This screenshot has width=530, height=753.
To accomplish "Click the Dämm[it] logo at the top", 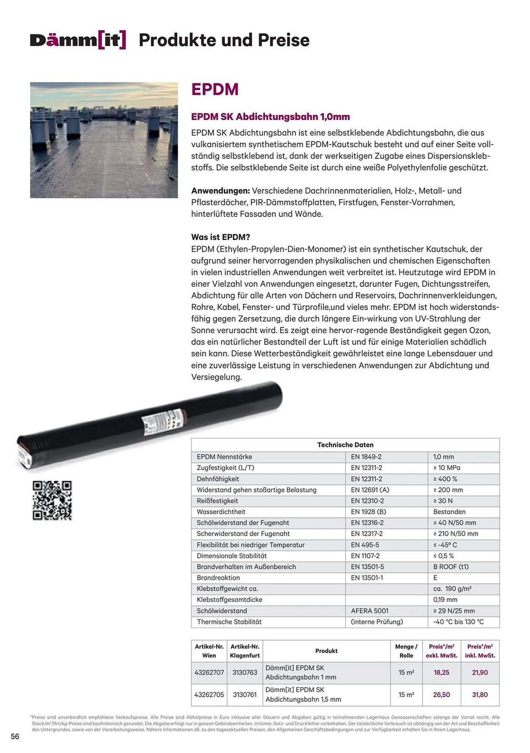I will (x=78, y=40).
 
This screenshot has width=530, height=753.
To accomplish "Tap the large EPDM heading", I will (x=215, y=90).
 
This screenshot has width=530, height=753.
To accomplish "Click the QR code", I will (x=52, y=500).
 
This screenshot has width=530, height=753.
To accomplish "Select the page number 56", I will (x=15, y=736).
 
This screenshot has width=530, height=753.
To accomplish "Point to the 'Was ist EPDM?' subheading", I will (x=221, y=237).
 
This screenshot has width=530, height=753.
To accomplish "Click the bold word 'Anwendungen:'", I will (x=221, y=191).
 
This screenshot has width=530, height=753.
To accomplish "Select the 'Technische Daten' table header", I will (x=345, y=445).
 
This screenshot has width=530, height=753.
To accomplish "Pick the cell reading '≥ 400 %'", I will (x=445, y=479).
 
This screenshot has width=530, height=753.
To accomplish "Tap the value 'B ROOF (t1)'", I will (x=451, y=567).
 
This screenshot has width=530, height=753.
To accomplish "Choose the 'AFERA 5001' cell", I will (x=369, y=611).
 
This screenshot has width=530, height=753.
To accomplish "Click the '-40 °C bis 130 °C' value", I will (x=458, y=622).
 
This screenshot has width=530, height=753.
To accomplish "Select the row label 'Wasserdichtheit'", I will (x=221, y=512).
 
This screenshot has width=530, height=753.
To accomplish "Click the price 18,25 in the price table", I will (x=441, y=672).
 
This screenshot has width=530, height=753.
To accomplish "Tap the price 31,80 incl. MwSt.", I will (x=480, y=695).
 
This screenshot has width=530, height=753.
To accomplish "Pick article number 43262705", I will (x=209, y=695).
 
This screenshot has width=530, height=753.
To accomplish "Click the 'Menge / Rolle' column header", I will (x=406, y=651).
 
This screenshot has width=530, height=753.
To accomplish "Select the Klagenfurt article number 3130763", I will (x=245, y=672).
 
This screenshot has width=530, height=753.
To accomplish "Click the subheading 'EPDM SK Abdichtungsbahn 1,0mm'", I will (x=270, y=117).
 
